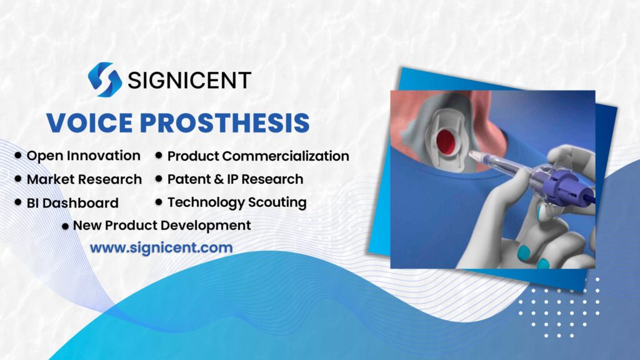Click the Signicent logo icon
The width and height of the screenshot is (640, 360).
[x=104, y=79]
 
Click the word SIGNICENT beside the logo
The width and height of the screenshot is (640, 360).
[x=189, y=80]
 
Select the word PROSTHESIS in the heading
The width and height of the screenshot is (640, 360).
[x=226, y=122]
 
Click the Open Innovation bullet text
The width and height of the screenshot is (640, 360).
[x=83, y=155]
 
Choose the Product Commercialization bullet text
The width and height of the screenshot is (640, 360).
[x=258, y=155]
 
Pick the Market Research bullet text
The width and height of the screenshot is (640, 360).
[x=84, y=179]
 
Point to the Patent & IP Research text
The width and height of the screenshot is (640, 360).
[x=235, y=179]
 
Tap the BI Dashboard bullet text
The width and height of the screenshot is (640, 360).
[x=72, y=202]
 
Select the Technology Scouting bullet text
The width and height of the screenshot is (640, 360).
[x=237, y=202]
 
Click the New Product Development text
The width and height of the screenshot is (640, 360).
[x=162, y=225]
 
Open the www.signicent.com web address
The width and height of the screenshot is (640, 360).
[x=161, y=247]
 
